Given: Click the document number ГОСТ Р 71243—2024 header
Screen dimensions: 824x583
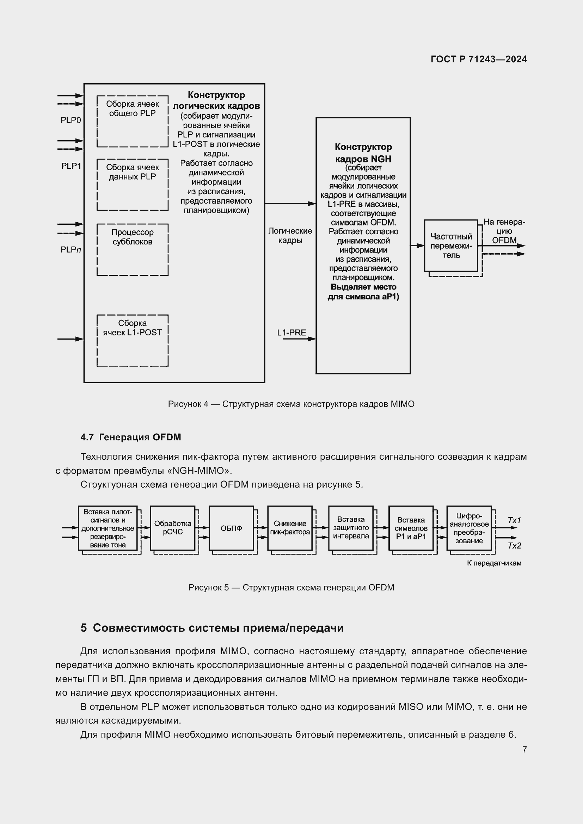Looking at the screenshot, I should pos(479,59).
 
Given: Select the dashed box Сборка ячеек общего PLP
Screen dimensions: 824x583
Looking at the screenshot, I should pos(133,121).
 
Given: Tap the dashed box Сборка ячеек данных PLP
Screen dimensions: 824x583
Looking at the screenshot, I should pos(133,185).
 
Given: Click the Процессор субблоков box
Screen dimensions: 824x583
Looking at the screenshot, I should pos(133,249).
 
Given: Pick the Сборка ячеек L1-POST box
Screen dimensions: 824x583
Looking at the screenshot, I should pos(133,340).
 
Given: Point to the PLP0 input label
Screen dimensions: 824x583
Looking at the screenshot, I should pos(71,120).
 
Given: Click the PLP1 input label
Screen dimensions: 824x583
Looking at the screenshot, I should pos(71,166).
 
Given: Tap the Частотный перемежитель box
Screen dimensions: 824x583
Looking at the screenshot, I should pos(451,246).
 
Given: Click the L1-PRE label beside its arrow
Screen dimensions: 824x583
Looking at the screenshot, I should pos(291,333).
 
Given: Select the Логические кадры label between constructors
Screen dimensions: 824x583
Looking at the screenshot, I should pos(290,236).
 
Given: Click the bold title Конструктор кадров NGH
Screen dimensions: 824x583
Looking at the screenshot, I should pos(363,153).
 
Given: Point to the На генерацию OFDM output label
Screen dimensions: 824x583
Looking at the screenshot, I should pos(504,231).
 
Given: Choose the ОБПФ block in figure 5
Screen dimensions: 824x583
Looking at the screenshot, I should pos(231,528).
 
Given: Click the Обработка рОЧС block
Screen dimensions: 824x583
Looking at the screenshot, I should pos(173,528).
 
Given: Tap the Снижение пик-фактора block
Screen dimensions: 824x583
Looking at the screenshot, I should pos(290,528).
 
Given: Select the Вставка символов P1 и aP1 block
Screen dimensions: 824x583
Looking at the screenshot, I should pos(411,528).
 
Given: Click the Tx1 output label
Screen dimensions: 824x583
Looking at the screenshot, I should pos(514,520).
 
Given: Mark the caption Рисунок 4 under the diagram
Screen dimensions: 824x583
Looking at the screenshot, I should pos(291,404).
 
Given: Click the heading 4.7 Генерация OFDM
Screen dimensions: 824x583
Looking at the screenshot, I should pos(131,437).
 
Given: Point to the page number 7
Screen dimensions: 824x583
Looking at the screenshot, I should pos(524,749).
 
